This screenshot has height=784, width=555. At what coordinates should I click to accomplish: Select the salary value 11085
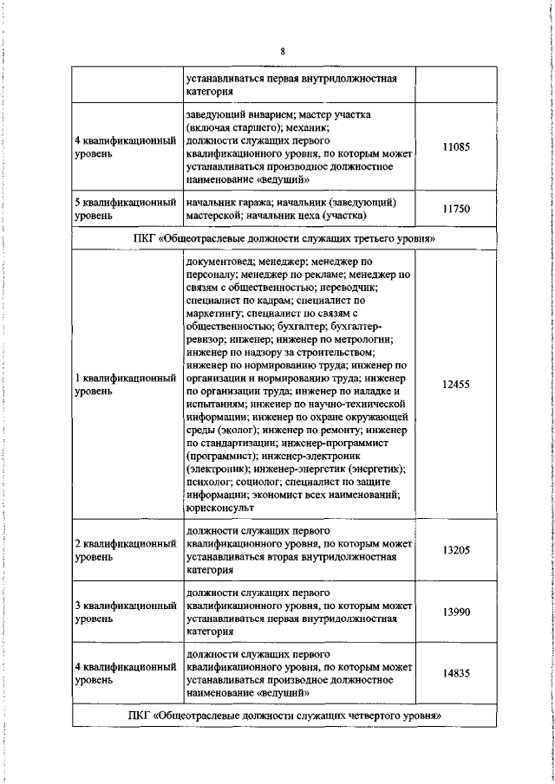[455, 148]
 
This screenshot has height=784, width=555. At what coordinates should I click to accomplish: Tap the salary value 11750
[455, 209]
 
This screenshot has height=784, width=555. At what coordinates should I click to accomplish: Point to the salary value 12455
[455, 384]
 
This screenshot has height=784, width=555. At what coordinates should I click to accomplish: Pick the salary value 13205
[455, 549]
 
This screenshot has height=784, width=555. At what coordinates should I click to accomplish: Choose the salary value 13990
[455, 612]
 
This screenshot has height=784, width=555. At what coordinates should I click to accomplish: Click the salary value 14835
[455, 674]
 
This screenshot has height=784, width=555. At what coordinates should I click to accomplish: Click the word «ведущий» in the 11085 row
[285, 181]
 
